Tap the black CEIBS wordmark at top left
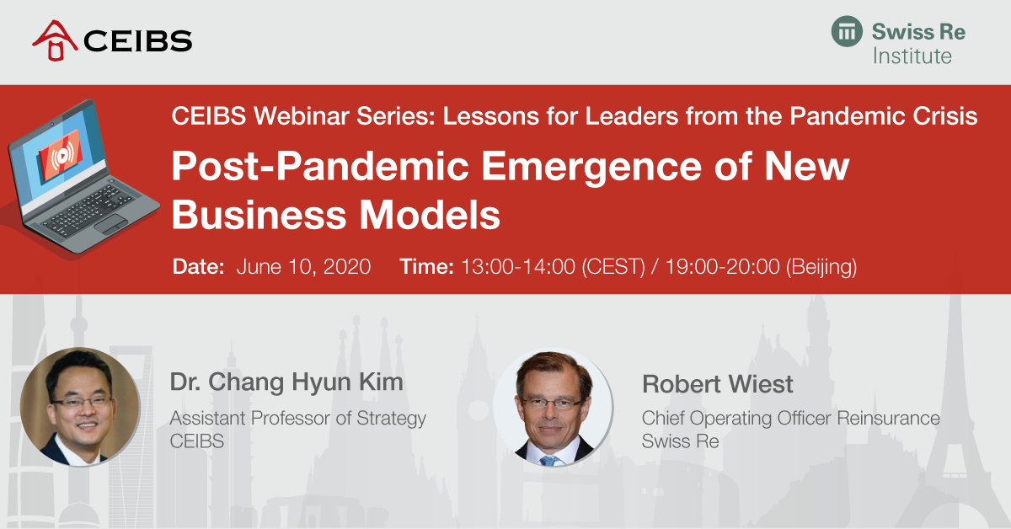pyautogui.click(x=138, y=41)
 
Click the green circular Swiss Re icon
pyautogui.click(x=847, y=31)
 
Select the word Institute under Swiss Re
pyautogui.click(x=912, y=56)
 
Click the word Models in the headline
pyautogui.click(x=430, y=215)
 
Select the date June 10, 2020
pyautogui.click(x=304, y=266)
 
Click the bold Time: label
pyautogui.click(x=426, y=266)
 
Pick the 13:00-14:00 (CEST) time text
pyautogui.click(x=554, y=266)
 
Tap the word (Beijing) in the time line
pyautogui.click(x=821, y=266)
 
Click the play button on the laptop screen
pyautogui.click(x=62, y=156)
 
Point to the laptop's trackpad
pyautogui.click(x=111, y=224)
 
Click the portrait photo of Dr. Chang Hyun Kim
pyautogui.click(x=80, y=407)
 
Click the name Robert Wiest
pyautogui.click(x=717, y=384)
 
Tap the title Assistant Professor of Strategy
pyautogui.click(x=298, y=419)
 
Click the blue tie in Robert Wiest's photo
pyautogui.click(x=548, y=461)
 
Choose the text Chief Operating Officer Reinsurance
pyautogui.click(x=791, y=419)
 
